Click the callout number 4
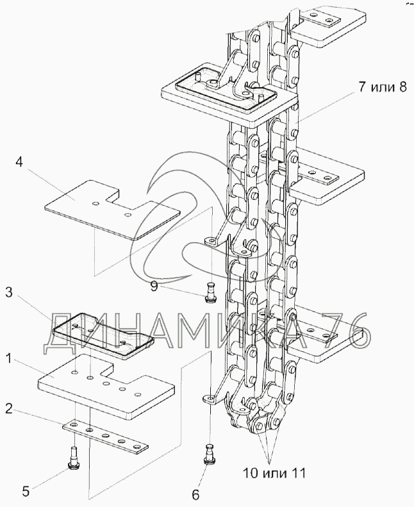click(x=19, y=162)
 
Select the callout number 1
click(x=9, y=358)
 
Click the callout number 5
click(x=26, y=492)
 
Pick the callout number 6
click(x=196, y=494)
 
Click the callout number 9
click(x=154, y=287)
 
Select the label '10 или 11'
click(x=274, y=474)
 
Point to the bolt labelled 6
click(x=210, y=454)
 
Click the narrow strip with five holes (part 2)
click(x=105, y=436)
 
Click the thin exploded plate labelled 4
click(x=112, y=210)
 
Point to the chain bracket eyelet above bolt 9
click(x=211, y=241)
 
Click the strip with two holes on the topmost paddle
click(x=321, y=19)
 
